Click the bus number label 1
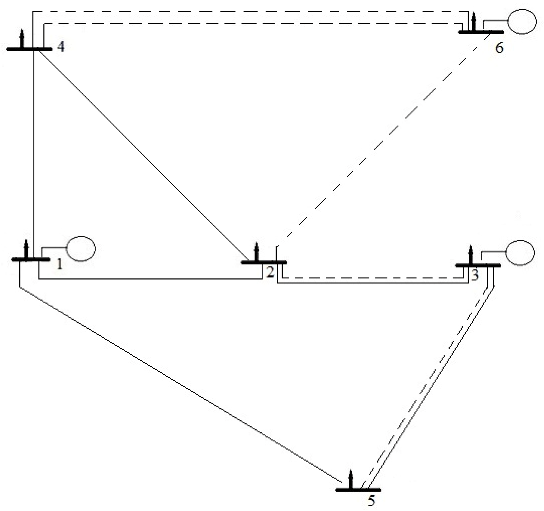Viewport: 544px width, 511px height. pyautogui.click(x=59, y=265)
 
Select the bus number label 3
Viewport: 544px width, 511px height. pyautogui.click(x=475, y=275)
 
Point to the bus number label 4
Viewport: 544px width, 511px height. pyautogui.click(x=61, y=47)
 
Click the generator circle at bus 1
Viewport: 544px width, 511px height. pyautogui.click(x=80, y=249)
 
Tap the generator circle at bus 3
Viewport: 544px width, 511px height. pyautogui.click(x=520, y=253)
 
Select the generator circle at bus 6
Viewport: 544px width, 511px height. pyautogui.click(x=522, y=22)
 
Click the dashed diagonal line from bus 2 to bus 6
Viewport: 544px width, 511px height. pyautogui.click(x=383, y=140)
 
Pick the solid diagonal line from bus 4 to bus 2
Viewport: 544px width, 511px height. pyautogui.click(x=142, y=155)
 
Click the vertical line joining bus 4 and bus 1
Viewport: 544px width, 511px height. pyautogui.click(x=34, y=153)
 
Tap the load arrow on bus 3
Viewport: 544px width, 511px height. pyautogui.click(x=470, y=255)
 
